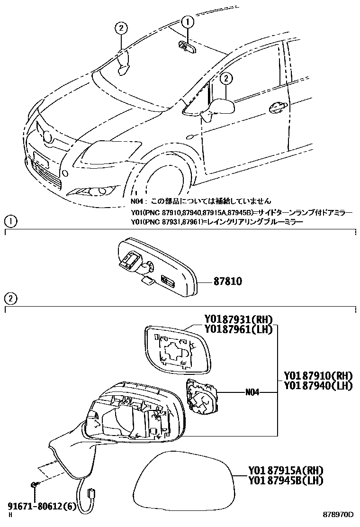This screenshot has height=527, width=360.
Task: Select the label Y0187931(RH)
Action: tap(238, 320)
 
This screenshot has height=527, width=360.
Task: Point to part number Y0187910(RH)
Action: tap(318, 376)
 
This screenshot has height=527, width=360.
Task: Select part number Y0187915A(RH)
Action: tap(285, 471)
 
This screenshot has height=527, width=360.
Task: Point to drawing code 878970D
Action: tap(339, 515)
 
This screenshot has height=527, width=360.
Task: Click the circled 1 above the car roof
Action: tap(188, 21)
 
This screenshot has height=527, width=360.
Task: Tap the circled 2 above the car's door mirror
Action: tap(226, 78)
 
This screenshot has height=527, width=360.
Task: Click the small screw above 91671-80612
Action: tap(35, 484)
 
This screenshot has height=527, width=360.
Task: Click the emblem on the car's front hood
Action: tap(47, 137)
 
